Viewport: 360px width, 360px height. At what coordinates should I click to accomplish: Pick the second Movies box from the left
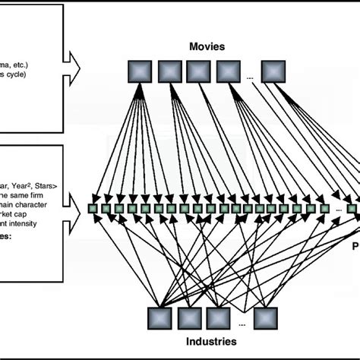[x=168, y=71]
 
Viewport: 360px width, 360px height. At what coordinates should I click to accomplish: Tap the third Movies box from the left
[x=197, y=71]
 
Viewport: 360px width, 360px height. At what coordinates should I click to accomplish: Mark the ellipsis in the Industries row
[x=241, y=324]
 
